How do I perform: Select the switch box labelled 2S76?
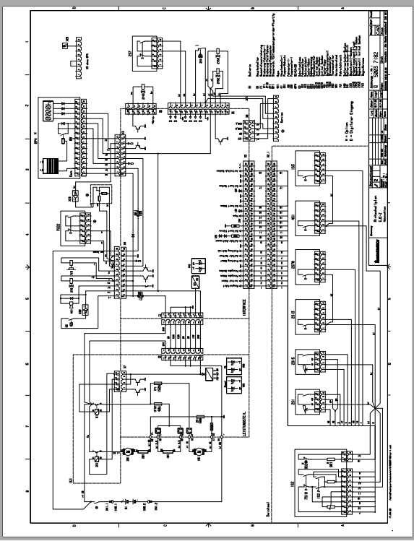click(313, 264)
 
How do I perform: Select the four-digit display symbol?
click(48, 111)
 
